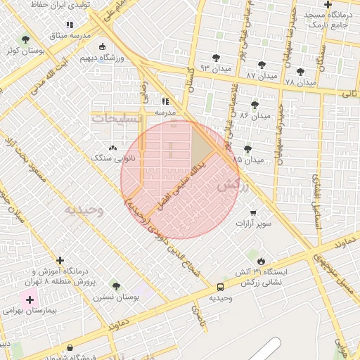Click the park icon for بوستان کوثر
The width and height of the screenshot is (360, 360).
click(26, 39)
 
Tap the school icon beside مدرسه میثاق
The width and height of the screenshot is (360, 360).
click(70, 25)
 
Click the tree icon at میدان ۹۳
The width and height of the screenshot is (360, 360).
click(216, 58)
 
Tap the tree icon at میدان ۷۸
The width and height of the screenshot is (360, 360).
click(301, 72)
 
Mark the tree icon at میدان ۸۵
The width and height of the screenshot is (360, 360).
click(247, 149)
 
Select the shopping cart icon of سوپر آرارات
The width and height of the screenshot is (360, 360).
click(253, 212)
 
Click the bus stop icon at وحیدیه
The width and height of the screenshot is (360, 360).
click(221, 287)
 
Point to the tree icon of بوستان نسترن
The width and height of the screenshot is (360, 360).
click(116, 286)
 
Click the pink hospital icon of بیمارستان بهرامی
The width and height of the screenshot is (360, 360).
click(30, 300)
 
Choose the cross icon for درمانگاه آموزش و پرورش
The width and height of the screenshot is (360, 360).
click(60, 260)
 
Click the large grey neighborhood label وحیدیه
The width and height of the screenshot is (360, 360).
click(84, 210)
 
